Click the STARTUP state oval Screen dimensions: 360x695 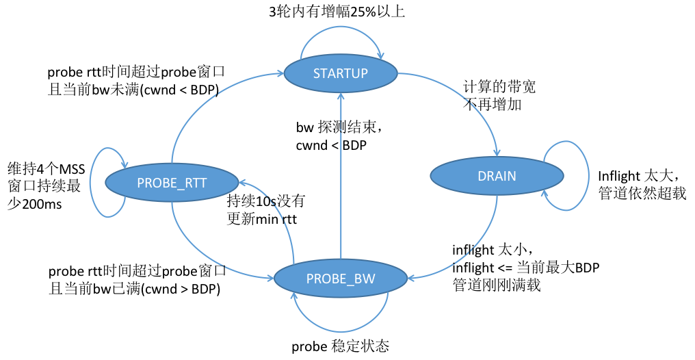click(340, 74)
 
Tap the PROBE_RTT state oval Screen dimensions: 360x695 click(172, 182)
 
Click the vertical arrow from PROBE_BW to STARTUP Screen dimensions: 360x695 click(340, 178)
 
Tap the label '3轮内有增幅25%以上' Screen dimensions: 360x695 click(340, 12)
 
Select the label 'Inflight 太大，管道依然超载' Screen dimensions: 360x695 click(642, 185)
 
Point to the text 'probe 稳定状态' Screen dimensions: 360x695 click(340, 346)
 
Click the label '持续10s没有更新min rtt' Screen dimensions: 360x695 click(265, 210)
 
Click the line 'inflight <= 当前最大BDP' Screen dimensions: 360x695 click(525, 268)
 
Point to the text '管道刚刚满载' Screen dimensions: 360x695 click(497, 285)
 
